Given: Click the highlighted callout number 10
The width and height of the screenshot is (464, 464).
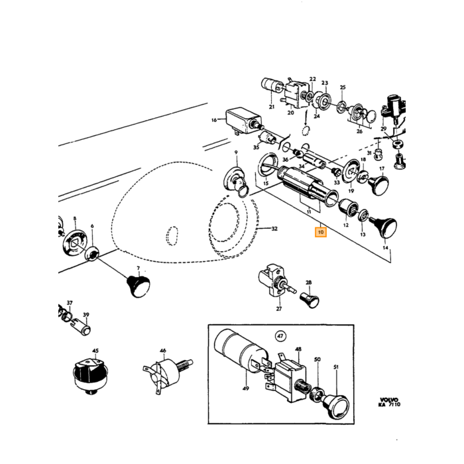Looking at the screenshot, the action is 321,232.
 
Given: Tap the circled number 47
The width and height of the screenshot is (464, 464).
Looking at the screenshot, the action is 280,336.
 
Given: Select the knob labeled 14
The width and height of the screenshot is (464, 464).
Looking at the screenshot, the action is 384,227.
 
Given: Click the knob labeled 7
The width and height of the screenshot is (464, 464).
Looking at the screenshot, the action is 139,286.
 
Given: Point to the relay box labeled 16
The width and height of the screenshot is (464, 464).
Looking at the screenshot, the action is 243,121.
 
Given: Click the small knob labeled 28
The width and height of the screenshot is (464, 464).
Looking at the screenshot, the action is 310,300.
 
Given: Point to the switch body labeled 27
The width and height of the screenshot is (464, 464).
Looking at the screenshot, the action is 274,279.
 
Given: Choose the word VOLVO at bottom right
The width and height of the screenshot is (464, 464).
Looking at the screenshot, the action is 389,400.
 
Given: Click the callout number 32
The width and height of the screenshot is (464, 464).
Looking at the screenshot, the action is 274,229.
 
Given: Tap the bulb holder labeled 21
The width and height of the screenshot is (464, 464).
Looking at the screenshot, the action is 270,85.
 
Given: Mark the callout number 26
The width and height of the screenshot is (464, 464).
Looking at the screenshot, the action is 359,131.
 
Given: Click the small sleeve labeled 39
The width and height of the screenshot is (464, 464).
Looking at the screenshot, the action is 81,327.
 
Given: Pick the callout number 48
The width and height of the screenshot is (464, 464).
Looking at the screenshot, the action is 298,349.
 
